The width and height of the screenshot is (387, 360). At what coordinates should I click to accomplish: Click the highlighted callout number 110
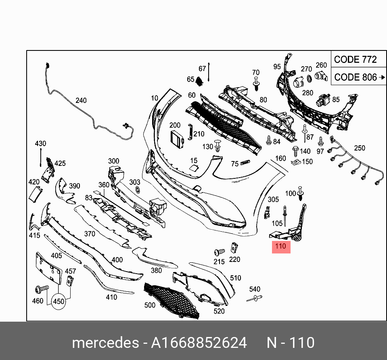pyautogui.click(x=281, y=246)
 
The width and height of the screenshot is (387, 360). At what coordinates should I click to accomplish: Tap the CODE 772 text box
pyautogui.click(x=355, y=60)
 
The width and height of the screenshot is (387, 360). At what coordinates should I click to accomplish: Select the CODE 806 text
pyautogui.click(x=355, y=77)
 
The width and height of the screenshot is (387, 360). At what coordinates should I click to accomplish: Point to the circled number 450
pyautogui.click(x=59, y=301)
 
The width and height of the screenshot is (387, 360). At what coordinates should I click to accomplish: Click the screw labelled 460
pyautogui.click(x=40, y=289)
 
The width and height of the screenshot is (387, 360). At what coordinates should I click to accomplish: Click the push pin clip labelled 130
pyautogui.click(x=218, y=145)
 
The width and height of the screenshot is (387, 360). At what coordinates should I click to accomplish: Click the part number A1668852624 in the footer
pyautogui.click(x=199, y=343)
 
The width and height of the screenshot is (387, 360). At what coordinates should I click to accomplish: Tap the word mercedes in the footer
pyautogui.click(x=105, y=343)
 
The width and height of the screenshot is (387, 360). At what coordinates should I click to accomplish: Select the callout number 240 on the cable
pyautogui.click(x=81, y=100)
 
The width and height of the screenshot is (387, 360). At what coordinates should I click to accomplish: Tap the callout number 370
pyautogui.click(x=89, y=234)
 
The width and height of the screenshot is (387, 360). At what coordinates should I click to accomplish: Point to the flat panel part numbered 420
pyautogui.click(x=35, y=195)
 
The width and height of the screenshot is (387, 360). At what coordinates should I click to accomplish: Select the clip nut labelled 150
pyautogui.click(x=295, y=163)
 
